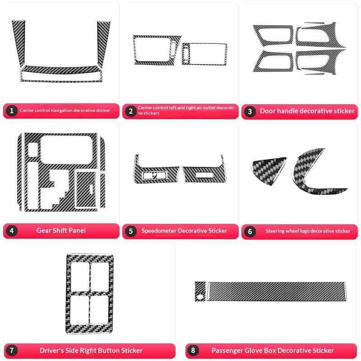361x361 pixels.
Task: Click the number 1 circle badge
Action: coord(11,111)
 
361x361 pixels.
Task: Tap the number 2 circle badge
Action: coord(130,111)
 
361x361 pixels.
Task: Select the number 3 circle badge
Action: coord(250,111)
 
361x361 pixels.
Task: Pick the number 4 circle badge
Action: coord(11,231)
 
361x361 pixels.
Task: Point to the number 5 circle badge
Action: coord(130,231)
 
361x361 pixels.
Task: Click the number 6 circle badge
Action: coord(250,231)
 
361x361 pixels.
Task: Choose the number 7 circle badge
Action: coord(11,351)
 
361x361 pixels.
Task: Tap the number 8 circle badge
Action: coord(194,351)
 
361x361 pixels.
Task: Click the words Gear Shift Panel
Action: coord(61,231)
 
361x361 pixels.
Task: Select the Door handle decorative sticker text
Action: coord(307,111)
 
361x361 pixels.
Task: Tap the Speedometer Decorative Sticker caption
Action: coord(184,231)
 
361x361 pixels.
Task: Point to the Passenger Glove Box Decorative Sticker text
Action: coord(273,351)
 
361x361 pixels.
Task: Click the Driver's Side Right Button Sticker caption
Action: coord(91,351)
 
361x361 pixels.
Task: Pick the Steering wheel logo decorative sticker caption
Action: coord(308,231)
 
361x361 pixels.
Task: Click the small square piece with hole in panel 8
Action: coord(200,291)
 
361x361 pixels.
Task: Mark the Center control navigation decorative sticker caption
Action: coord(65,111)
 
